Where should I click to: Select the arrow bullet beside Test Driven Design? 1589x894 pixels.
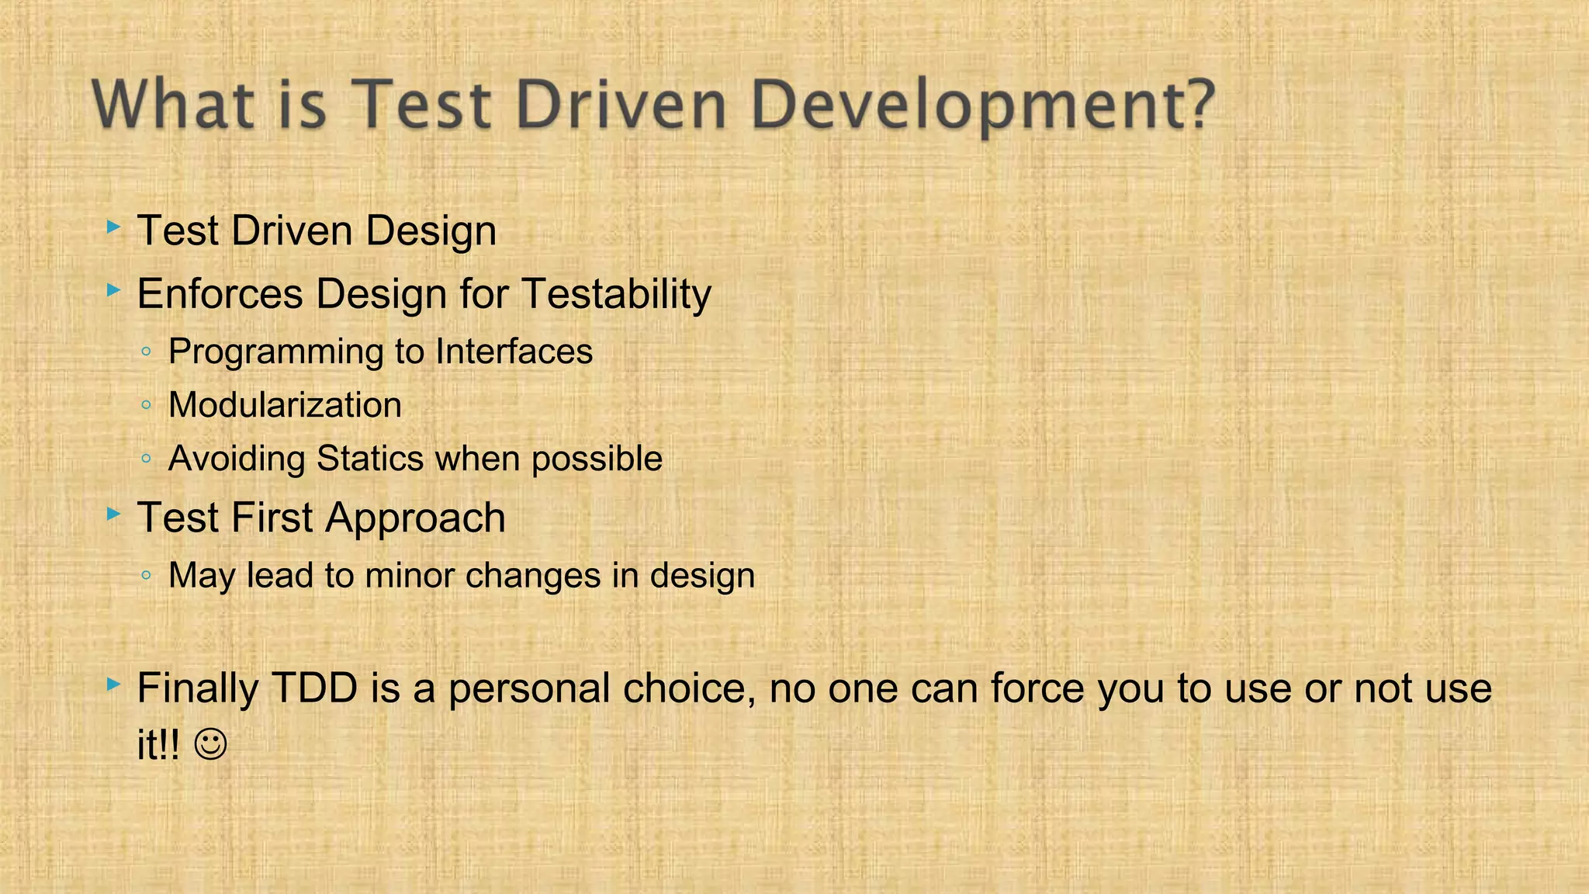pos(114,228)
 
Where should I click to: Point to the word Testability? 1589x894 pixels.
pos(616,295)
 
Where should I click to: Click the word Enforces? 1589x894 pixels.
pos(220,295)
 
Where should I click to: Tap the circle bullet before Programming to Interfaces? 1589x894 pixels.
pos(147,352)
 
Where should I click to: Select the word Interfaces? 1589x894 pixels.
pos(514,352)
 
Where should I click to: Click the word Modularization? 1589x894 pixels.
pos(285,405)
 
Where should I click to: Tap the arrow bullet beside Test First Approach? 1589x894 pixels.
pos(114,514)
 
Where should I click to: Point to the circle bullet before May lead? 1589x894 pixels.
pos(147,576)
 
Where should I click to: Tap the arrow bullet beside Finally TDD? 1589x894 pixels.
pos(114,684)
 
